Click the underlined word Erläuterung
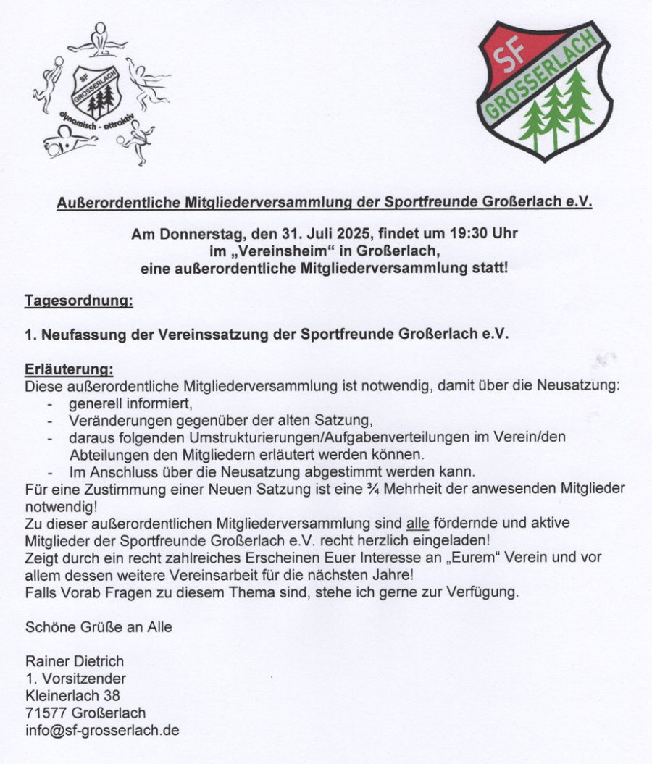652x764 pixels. pos(68,370)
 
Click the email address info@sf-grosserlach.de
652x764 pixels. pos(102,730)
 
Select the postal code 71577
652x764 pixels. pos(46,713)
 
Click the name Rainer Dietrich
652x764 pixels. pos(75,661)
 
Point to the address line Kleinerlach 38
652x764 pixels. pos(72,696)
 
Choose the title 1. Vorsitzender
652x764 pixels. pos(75,679)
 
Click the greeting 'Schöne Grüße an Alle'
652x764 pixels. pos(99,627)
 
